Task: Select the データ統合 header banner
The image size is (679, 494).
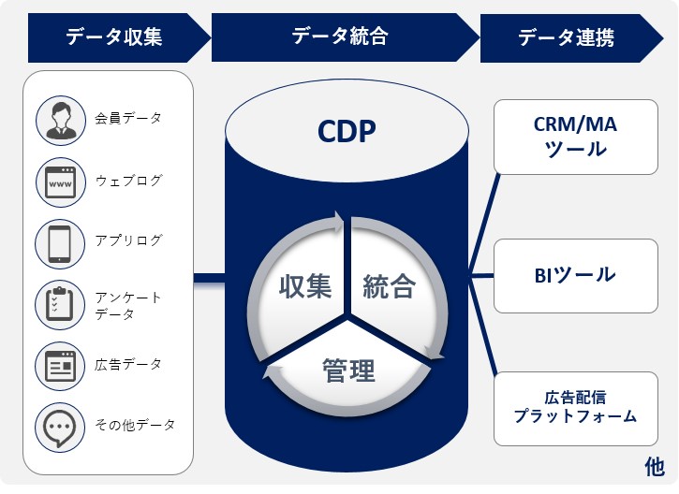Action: (x=339, y=37)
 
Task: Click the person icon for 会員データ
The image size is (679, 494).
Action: (x=61, y=119)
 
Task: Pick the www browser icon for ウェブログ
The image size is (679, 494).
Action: (x=61, y=180)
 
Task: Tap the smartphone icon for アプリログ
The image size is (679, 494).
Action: (x=61, y=241)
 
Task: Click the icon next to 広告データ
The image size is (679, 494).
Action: (x=61, y=365)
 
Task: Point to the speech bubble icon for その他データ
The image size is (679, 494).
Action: (x=61, y=426)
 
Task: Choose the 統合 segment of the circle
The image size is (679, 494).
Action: (x=389, y=285)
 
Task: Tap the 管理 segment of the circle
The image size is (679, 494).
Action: (x=347, y=370)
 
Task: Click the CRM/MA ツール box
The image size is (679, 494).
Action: (x=575, y=137)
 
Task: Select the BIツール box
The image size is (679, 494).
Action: (x=575, y=276)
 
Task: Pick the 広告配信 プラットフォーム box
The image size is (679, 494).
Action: (x=575, y=407)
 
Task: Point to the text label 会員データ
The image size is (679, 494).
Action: (x=128, y=119)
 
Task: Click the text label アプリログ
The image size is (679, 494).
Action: (x=128, y=241)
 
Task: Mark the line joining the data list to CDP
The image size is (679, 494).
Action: (x=210, y=277)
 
